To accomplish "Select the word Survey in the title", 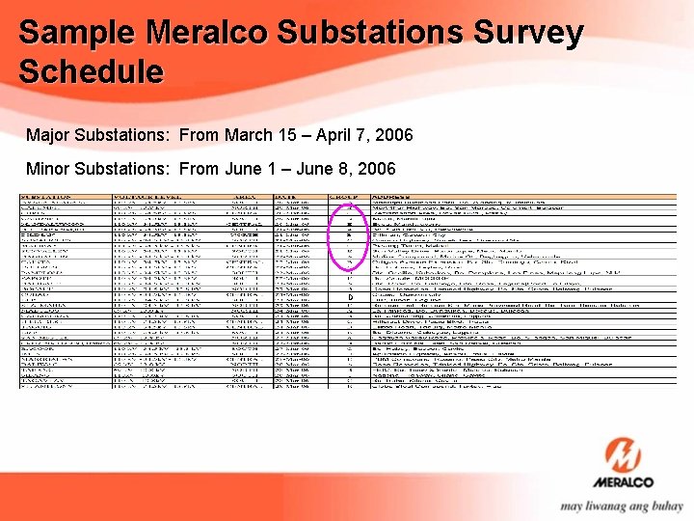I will point(527,34).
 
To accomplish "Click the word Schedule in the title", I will point(91,72).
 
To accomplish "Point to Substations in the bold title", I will point(369,34).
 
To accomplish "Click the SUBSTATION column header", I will point(51,197).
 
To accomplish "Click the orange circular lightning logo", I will point(629,459).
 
